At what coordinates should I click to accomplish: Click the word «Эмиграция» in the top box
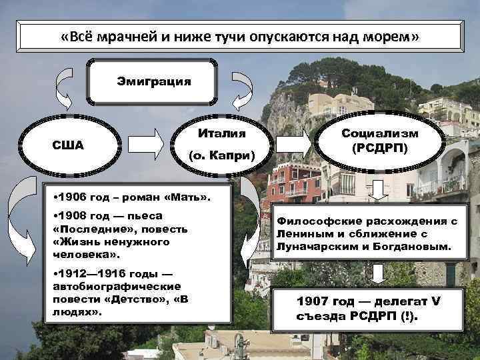click(153, 82)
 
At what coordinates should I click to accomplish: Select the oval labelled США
click(68, 145)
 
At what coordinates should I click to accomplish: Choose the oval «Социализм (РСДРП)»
click(379, 141)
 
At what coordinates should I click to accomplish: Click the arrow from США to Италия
click(145, 142)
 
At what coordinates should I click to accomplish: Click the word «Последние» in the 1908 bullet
click(86, 229)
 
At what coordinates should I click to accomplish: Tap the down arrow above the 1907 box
click(379, 274)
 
